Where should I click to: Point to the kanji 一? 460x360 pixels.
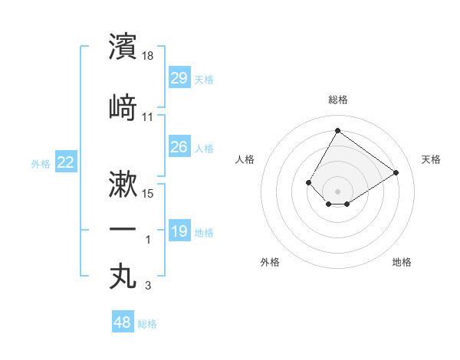(x=123, y=230)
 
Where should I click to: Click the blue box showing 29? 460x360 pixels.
(x=179, y=78)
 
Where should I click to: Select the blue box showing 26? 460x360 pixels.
(x=179, y=147)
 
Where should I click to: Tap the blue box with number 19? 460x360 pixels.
(x=179, y=231)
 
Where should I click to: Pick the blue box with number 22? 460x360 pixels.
(x=65, y=162)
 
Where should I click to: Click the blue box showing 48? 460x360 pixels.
(x=123, y=323)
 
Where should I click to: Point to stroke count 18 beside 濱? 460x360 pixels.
(x=149, y=56)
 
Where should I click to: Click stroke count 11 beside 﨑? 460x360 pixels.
(x=148, y=117)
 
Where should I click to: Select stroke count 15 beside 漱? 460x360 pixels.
(x=149, y=194)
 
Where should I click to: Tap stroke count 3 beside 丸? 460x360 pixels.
(x=148, y=286)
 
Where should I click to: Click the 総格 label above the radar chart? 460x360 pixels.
(x=337, y=100)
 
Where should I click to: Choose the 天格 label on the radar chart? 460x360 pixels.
(x=431, y=159)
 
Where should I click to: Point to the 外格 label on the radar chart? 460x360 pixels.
(x=270, y=262)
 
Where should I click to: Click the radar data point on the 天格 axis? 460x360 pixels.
(x=396, y=172)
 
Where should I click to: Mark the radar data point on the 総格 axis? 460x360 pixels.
(x=337, y=130)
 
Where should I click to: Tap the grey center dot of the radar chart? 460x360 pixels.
(x=337, y=191)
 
